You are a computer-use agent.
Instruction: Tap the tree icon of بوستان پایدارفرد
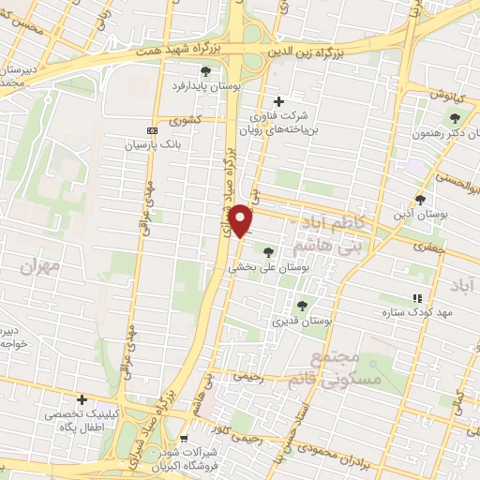coord(205,70)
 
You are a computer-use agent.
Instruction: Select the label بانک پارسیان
coord(153,147)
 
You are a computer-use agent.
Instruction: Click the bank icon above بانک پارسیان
coord(153,131)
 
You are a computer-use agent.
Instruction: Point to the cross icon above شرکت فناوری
coord(277,101)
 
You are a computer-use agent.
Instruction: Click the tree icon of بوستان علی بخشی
coord(269,251)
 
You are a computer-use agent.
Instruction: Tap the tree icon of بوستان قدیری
coord(302,306)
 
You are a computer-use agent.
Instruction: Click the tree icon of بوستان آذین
coord(420,200)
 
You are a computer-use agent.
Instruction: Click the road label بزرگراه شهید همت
coord(172,50)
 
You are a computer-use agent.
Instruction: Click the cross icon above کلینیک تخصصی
coord(82,400)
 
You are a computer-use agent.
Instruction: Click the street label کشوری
coord(185,120)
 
